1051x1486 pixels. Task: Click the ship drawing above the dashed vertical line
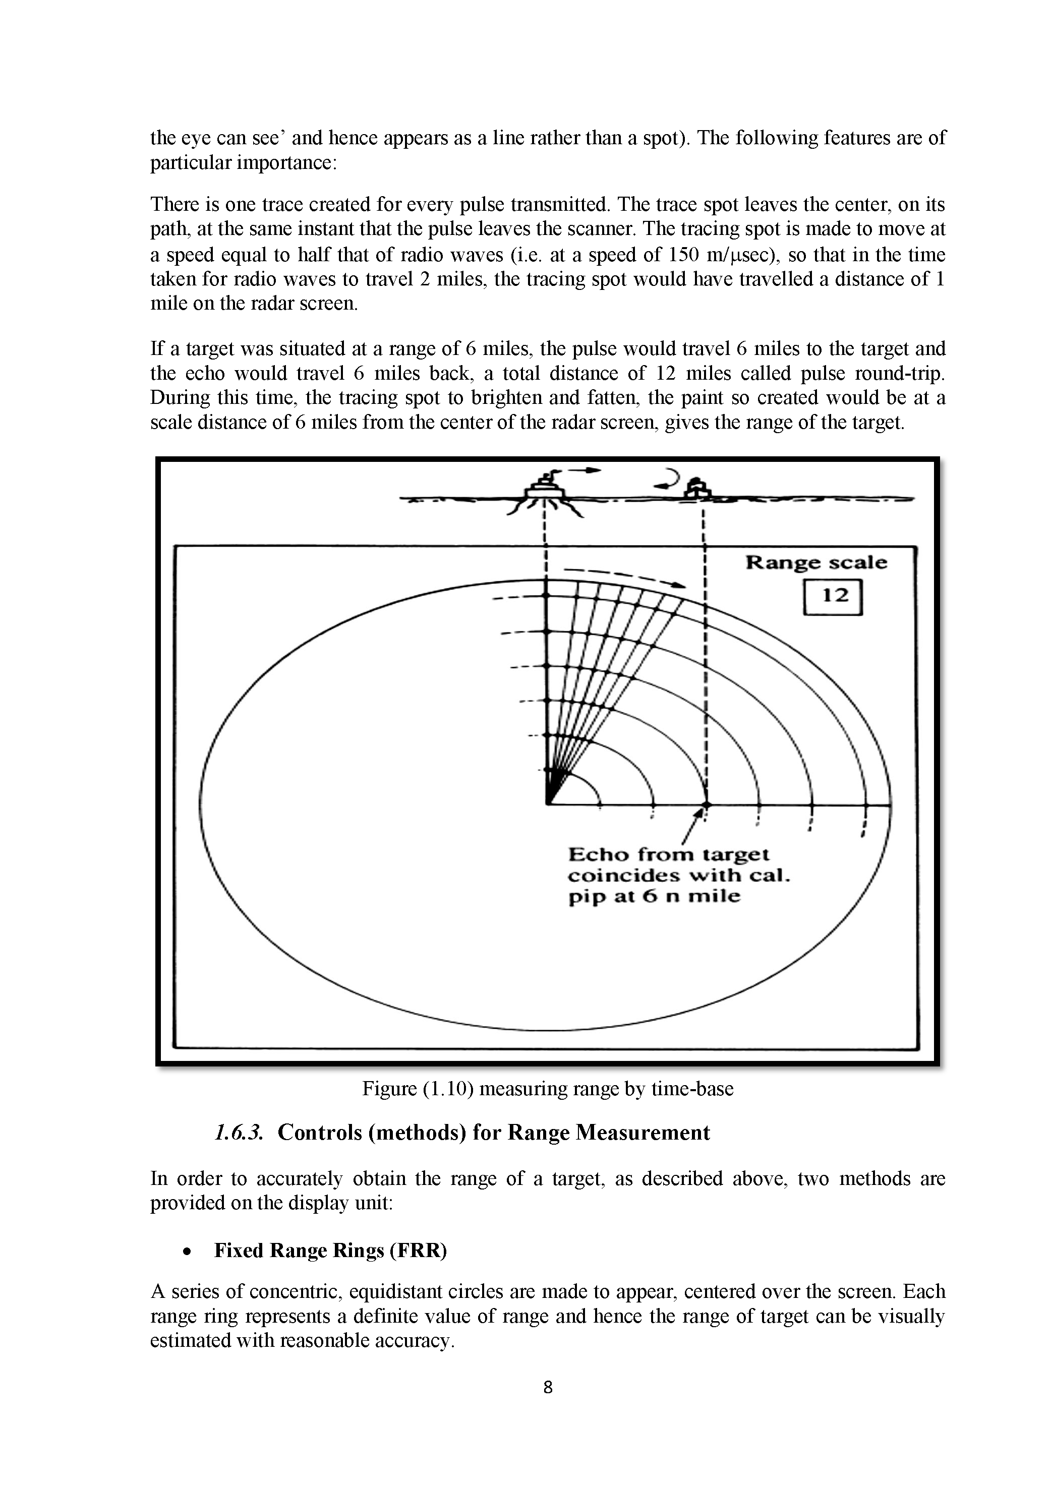545,488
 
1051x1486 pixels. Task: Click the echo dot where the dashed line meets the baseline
706,804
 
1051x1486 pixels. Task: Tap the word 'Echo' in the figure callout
598,855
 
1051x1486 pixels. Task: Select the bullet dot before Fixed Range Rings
187,1253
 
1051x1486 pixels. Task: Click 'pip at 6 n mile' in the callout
654,897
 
